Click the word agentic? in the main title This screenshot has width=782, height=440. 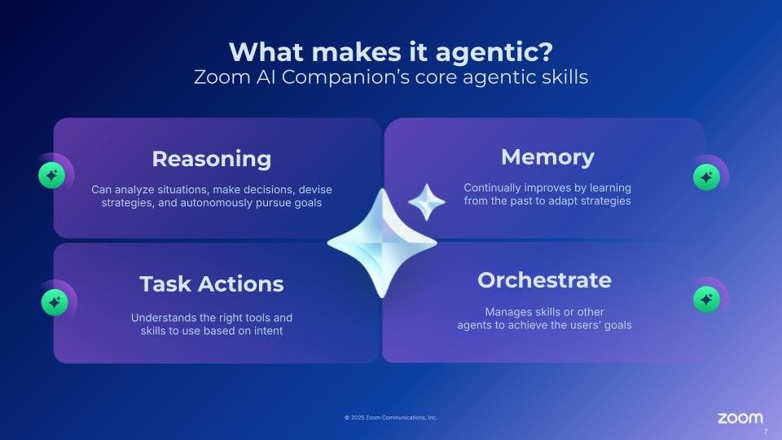pyautogui.click(x=494, y=53)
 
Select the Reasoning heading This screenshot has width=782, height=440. pyautogui.click(x=212, y=160)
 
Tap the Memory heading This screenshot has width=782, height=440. pyautogui.click(x=547, y=157)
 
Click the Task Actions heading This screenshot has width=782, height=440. pyautogui.click(x=212, y=284)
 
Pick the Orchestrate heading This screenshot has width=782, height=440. pyautogui.click(x=544, y=279)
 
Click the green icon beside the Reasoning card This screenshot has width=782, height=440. pyautogui.click(x=52, y=175)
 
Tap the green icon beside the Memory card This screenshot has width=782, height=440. pyautogui.click(x=706, y=177)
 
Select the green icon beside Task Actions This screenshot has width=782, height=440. pyautogui.click(x=55, y=302)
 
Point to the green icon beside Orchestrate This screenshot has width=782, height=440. pyautogui.click(x=706, y=299)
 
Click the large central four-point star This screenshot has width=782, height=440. pyautogui.click(x=382, y=244)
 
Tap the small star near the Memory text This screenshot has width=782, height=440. pyautogui.click(x=426, y=202)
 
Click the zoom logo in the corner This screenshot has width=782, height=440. pyautogui.click(x=740, y=418)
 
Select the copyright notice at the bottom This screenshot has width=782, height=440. pyautogui.click(x=391, y=417)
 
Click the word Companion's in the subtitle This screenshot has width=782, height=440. pyautogui.click(x=345, y=77)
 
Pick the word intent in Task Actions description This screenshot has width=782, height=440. pyautogui.click(x=270, y=331)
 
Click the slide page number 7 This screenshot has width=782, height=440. pyautogui.click(x=766, y=432)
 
